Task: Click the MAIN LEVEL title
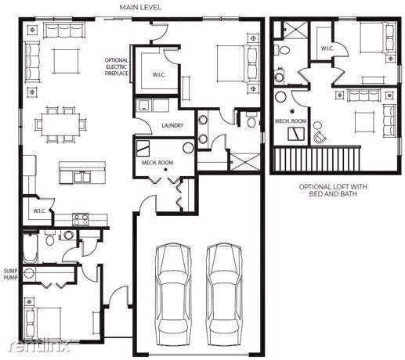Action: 140,7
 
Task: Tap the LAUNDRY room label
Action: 172,125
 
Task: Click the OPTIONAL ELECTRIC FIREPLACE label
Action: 117,67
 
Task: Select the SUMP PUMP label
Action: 10,274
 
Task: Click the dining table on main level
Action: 61,124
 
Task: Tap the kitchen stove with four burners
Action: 81,219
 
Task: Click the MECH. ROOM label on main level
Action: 157,163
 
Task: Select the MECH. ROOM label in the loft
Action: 291,121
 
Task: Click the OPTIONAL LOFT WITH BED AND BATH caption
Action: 333,190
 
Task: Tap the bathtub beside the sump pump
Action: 30,248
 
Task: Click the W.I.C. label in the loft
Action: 327,49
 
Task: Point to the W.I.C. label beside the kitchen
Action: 39,211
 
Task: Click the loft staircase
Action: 316,159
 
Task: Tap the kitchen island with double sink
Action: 82,173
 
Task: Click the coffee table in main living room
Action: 66,61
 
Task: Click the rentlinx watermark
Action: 39,346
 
